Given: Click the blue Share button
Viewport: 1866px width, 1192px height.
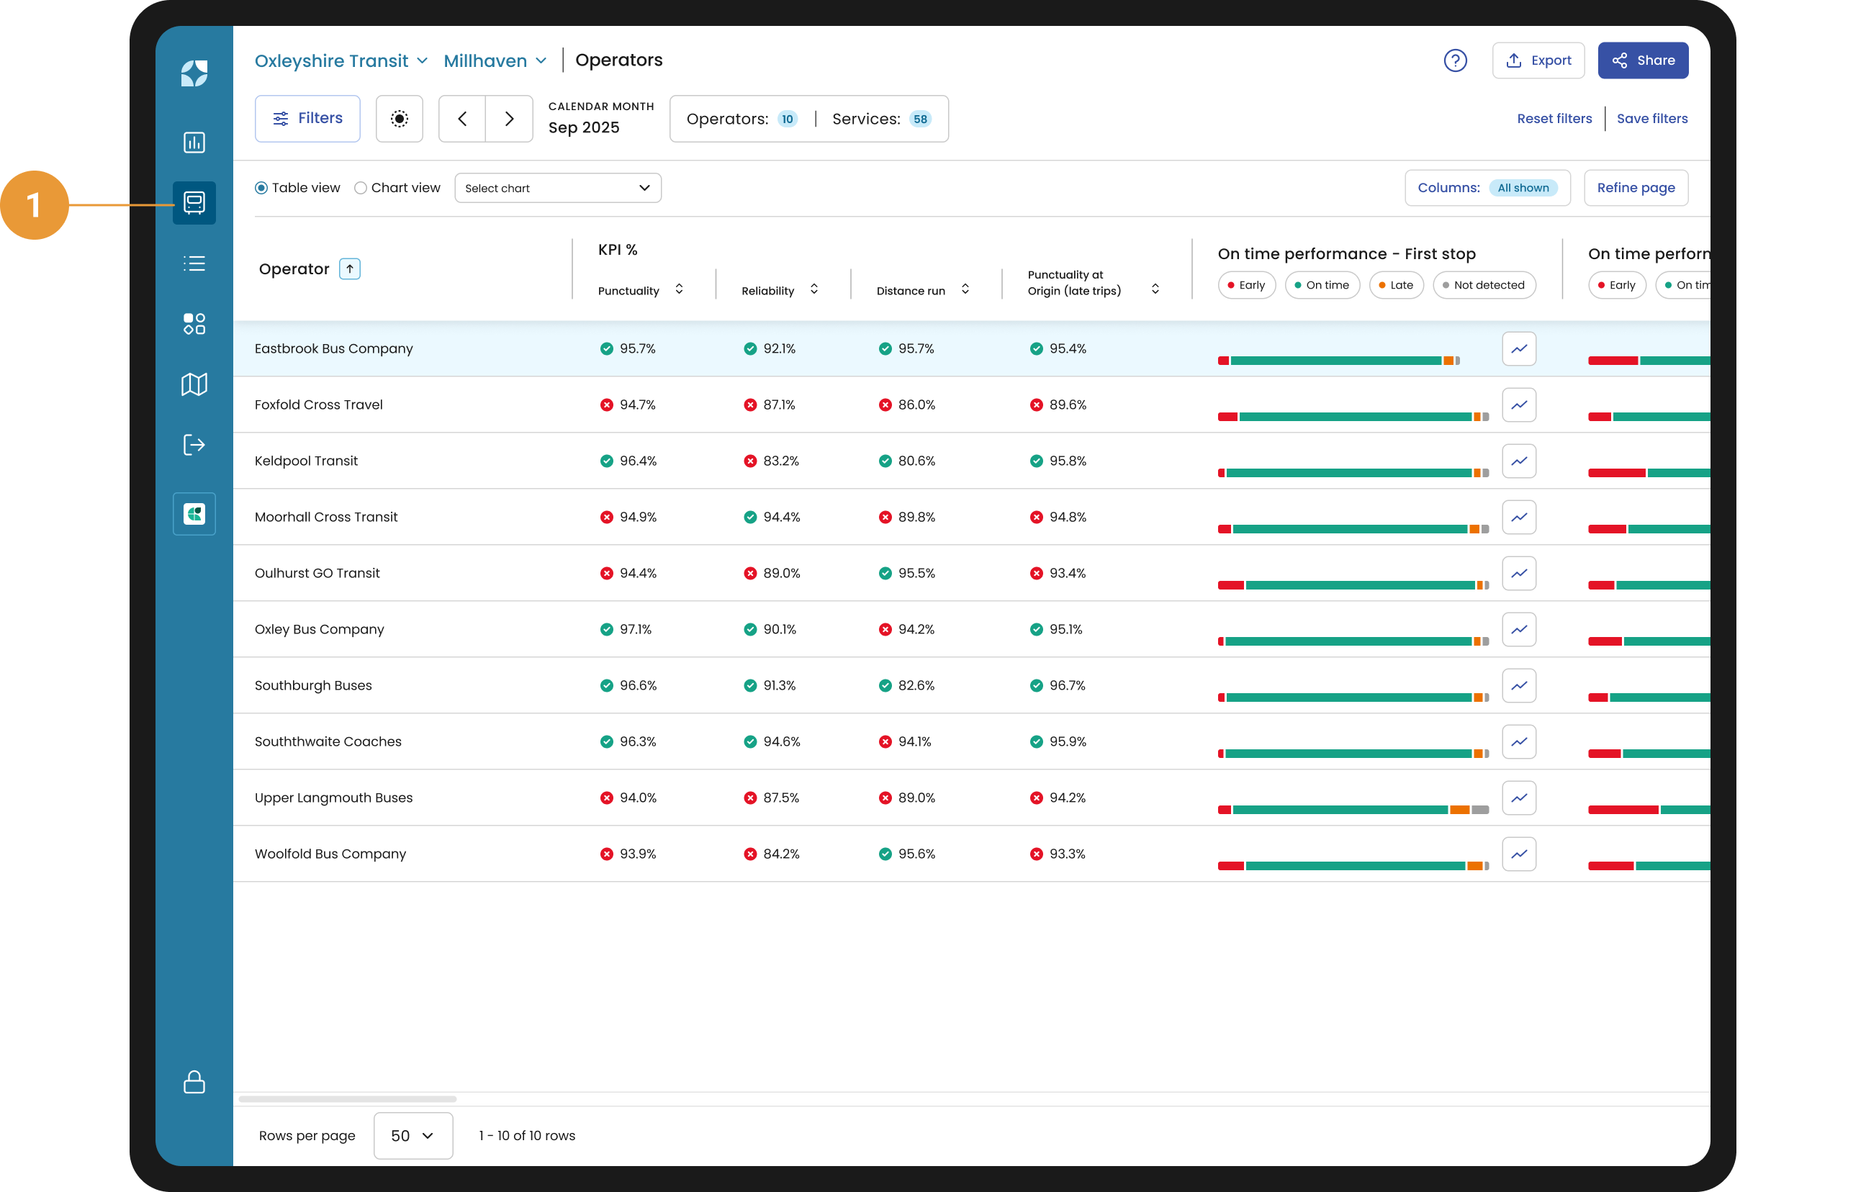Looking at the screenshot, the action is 1642,60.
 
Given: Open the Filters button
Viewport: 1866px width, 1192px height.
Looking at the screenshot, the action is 307,119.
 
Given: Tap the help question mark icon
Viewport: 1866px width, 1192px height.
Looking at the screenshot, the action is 1456,60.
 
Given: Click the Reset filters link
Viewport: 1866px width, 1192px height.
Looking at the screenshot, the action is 1554,119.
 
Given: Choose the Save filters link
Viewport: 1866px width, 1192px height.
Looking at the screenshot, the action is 1651,119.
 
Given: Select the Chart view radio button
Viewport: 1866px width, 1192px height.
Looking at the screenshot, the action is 361,189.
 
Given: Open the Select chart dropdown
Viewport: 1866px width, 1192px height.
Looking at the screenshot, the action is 558,189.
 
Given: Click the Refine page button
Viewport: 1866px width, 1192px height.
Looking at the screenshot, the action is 1636,189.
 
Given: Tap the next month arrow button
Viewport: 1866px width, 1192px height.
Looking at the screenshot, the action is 509,119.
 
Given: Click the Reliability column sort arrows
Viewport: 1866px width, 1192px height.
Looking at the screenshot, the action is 813,289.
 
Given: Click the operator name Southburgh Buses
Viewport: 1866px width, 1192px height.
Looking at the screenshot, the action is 313,686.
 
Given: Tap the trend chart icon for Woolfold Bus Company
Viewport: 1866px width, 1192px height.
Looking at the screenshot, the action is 1519,854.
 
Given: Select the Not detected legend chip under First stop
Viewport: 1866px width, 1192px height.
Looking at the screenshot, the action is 1484,285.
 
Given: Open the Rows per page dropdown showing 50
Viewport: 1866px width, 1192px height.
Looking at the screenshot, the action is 413,1135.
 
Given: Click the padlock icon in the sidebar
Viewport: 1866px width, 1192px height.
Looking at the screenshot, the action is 194,1082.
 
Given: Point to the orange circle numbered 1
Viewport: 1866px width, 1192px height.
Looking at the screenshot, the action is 34,205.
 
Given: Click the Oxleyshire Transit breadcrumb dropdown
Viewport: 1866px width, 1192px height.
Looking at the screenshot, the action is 341,60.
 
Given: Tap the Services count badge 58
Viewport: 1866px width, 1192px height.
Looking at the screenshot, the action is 920,119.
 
